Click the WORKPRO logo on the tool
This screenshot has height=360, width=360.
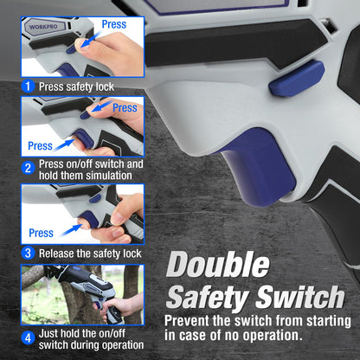click(x=43, y=27)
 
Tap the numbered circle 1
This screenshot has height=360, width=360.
click(x=28, y=87)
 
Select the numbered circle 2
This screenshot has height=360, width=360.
click(x=28, y=168)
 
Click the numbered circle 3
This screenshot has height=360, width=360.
click(x=28, y=253)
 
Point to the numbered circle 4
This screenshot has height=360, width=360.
click(x=28, y=337)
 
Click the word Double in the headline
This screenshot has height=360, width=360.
click(x=218, y=265)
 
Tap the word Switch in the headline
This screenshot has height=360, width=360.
click(x=300, y=297)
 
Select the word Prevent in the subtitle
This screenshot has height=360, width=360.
click(x=187, y=321)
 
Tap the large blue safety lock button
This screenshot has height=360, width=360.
click(x=297, y=79)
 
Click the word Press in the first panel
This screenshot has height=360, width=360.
click(x=114, y=24)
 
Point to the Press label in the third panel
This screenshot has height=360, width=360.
click(x=41, y=233)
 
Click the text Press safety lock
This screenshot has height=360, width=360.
click(x=76, y=87)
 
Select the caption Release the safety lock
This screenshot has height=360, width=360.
click(x=90, y=254)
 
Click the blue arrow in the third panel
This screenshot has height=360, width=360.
click(x=72, y=230)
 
